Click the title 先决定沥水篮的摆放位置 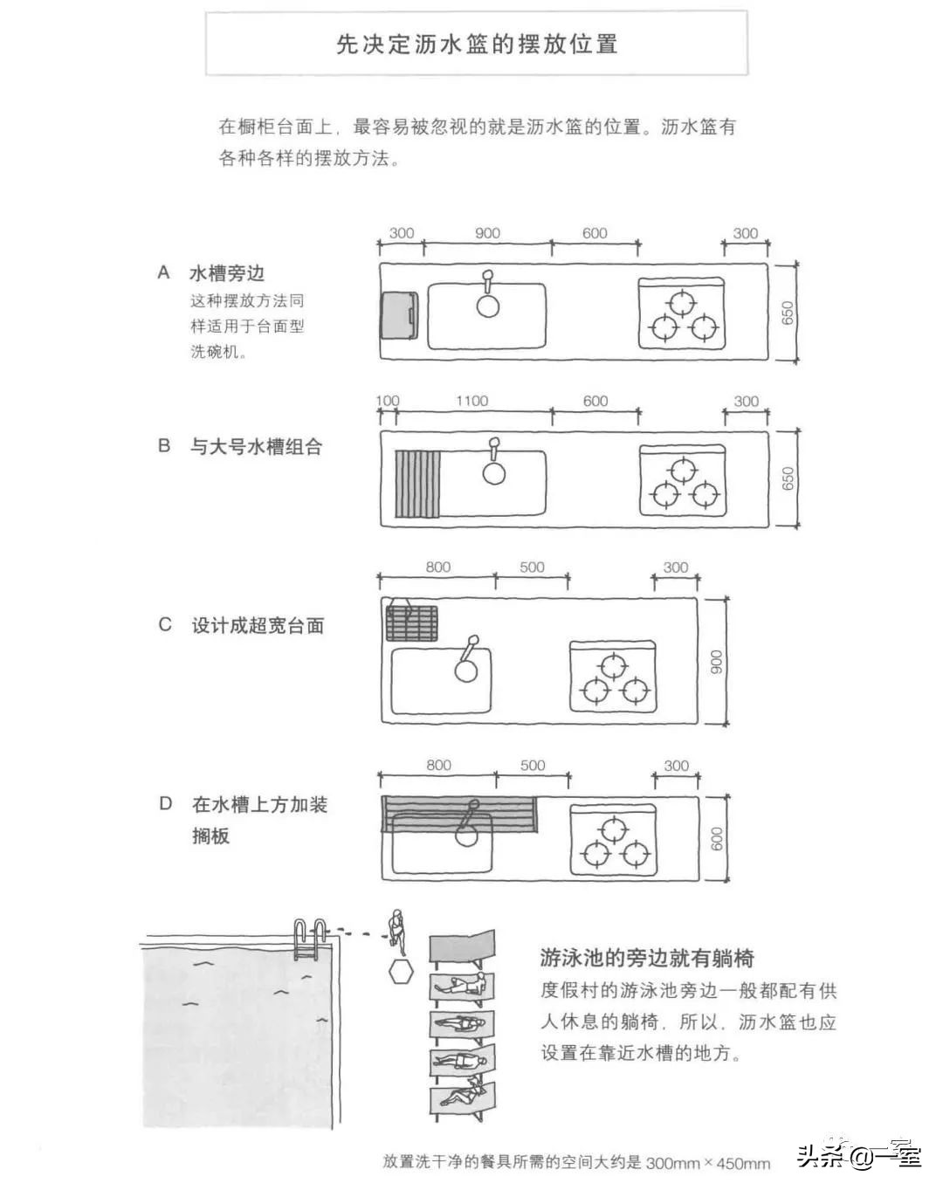[477, 45]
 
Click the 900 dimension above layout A [487, 233]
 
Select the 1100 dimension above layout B [471, 401]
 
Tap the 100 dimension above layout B [387, 401]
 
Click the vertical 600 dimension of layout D [717, 839]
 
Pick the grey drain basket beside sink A [399, 316]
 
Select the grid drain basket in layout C [412, 623]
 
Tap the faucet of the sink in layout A [487, 284]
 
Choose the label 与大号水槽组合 [257, 447]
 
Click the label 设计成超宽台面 [258, 626]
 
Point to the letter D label [165, 803]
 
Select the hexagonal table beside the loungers [401, 970]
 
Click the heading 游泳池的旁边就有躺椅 [646, 958]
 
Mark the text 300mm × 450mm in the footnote [707, 1162]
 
